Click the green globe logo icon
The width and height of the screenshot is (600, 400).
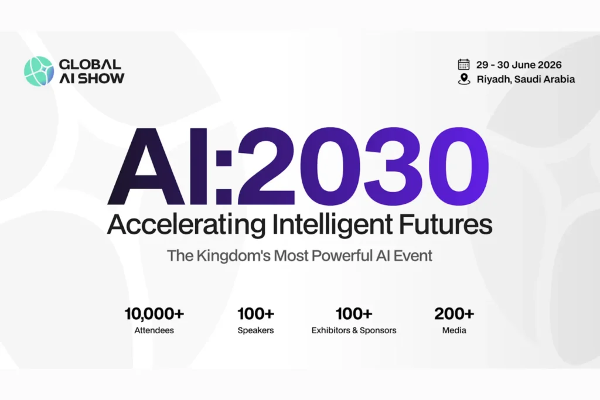39,71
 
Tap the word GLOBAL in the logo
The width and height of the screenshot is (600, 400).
90,64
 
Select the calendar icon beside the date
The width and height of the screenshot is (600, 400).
464,64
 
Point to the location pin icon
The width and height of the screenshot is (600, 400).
464,79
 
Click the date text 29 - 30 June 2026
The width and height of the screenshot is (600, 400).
519,64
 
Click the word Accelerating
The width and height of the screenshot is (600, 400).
186,224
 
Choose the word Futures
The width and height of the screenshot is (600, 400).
446,224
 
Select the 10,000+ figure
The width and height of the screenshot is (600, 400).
154,313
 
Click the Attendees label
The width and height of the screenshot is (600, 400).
154,330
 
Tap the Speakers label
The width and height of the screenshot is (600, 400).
255,330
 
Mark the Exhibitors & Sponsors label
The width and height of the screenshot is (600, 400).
354,330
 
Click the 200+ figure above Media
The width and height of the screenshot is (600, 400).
454,313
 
